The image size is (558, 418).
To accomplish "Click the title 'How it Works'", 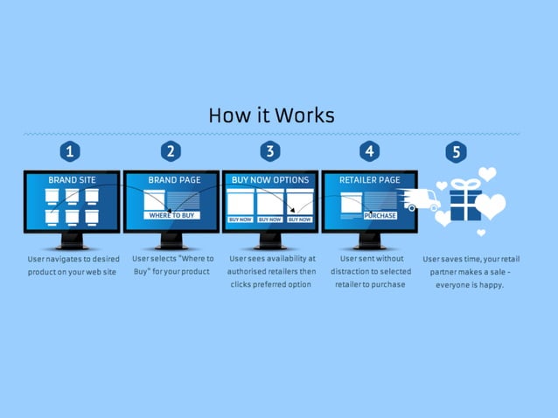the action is coord(272,115).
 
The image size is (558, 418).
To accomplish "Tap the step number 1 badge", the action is coord(71,151).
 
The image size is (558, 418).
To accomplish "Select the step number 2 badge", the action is coord(171,151).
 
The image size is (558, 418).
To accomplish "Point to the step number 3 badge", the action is coord(270,151).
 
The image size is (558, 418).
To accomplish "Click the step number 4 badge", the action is coord(370,151).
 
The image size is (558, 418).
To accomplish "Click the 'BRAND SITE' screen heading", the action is coord(72,180).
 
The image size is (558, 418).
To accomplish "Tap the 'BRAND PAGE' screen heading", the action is coord(174,180).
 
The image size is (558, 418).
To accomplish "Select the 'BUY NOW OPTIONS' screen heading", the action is coord(270,180).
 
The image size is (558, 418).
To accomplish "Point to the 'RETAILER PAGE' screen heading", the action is coord(370,180).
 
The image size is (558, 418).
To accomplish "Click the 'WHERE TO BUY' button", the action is coord(172,215).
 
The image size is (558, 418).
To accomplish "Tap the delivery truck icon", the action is coord(421,200).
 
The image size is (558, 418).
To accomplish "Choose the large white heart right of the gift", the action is coord(491,206).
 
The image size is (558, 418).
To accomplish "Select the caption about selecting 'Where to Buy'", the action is coord(172,265).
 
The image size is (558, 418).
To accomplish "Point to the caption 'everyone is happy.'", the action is coord(470,284).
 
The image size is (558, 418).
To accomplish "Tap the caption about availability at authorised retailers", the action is coord(271,271).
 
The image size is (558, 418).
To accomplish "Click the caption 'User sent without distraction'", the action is coord(370,271).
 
